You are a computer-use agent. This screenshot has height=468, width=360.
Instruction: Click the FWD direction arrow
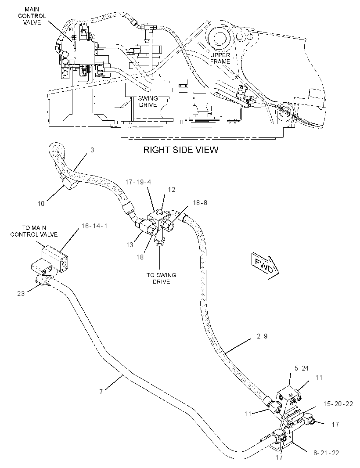coord(265,266)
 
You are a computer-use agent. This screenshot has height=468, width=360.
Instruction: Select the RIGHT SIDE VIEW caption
coord(180,149)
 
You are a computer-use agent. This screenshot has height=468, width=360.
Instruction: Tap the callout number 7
coord(101,392)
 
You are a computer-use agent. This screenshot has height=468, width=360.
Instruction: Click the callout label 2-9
coord(262,336)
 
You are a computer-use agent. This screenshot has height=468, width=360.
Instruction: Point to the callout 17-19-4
coord(138,182)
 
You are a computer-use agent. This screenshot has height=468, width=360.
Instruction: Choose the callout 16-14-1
coord(94,226)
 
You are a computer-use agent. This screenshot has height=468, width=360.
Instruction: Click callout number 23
coord(21,293)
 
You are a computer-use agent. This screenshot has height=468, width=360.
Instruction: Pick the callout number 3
coord(92,150)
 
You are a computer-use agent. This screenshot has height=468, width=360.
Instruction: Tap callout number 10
coord(41,204)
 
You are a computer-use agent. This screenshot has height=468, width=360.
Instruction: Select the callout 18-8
coord(200,203)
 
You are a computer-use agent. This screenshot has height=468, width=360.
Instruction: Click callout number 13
coord(130,245)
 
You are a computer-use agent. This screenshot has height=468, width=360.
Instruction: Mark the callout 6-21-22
coord(326,453)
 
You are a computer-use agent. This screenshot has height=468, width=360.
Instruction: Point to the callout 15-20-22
coord(338,404)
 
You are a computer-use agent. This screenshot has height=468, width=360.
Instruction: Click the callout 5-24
coord(302,368)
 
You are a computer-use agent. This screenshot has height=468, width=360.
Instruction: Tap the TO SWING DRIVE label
coord(161,278)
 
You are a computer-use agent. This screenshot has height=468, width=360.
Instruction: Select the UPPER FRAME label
coord(220,58)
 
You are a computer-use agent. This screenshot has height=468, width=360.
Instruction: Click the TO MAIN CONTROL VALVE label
coord(34,231)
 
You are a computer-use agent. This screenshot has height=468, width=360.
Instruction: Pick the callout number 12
coord(172,190)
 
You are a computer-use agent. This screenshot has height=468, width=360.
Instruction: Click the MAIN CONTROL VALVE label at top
coord(32,16)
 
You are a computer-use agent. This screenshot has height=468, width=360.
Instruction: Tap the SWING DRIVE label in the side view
coord(148,102)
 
